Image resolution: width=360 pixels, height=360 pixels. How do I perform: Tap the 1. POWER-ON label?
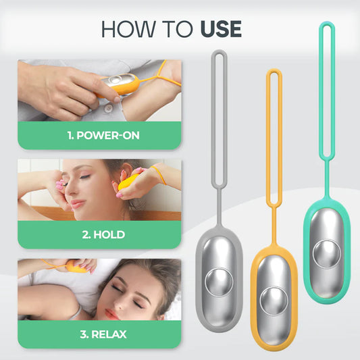[103, 135]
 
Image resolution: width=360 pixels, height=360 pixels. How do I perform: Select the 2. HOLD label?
[103, 235]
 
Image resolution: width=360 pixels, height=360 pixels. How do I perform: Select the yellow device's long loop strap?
[273, 135]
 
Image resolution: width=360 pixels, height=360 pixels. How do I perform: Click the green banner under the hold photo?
[99, 235]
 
